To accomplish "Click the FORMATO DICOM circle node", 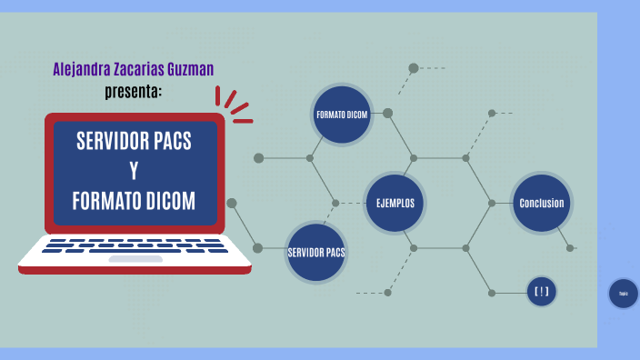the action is (x=342, y=115).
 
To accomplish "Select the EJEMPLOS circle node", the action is (x=395, y=203).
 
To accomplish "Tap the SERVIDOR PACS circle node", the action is (x=316, y=251).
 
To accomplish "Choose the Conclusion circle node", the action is (x=542, y=203).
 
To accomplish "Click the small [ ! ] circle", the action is (x=542, y=292).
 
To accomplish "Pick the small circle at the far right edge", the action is (x=624, y=294).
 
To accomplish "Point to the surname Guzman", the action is (x=189, y=69).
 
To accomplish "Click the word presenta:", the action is (x=135, y=91).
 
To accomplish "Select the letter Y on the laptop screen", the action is (x=134, y=171).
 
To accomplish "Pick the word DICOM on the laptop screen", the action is (x=171, y=201).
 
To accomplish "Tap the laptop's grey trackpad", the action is (x=135, y=259).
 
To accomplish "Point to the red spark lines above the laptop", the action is (x=235, y=105).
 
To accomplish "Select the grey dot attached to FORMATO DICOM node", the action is (x=387, y=114).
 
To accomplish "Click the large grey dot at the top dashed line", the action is (x=414, y=67).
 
